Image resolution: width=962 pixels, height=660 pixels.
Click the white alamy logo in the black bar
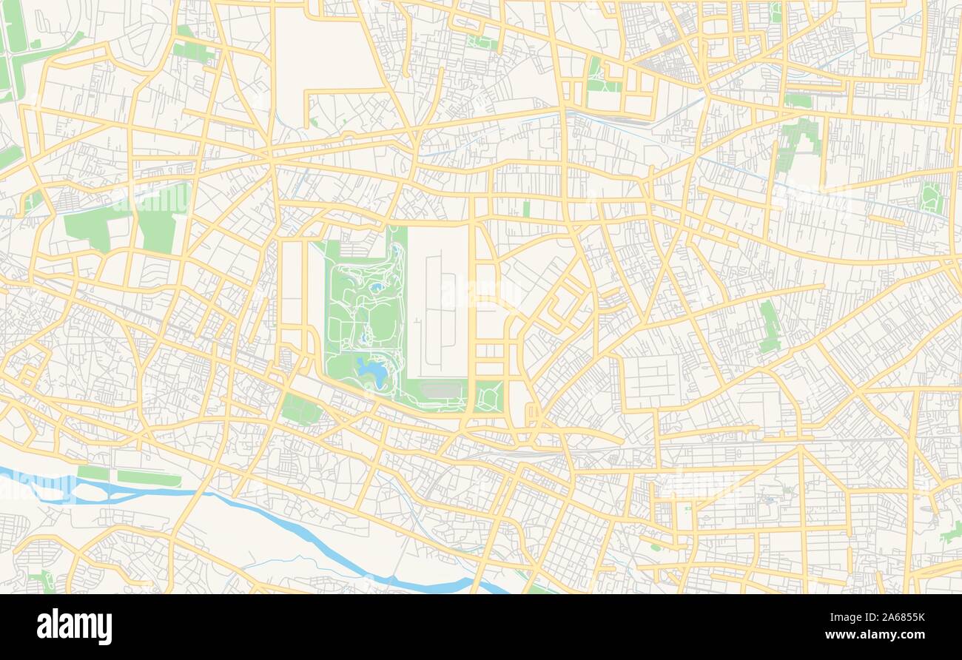[x=74, y=626]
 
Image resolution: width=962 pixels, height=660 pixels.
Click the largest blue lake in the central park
[x=369, y=368]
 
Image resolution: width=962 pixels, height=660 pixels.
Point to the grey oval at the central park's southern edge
[x=443, y=390]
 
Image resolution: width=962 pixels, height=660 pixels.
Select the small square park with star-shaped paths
[x=489, y=397]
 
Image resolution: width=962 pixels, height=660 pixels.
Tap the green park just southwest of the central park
[x=301, y=409]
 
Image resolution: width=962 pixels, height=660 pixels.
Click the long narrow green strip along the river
[x=148, y=479]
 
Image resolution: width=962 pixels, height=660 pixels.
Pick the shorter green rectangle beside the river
[x=93, y=472]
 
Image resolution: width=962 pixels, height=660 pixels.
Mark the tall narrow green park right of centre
[x=770, y=326]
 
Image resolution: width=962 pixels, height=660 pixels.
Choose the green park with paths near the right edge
[x=930, y=198]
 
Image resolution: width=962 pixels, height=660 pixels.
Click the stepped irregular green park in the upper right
[x=799, y=141]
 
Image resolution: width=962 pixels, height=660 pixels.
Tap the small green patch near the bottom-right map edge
[x=952, y=531]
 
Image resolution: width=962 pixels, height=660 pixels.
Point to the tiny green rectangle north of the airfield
[x=526, y=209]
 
